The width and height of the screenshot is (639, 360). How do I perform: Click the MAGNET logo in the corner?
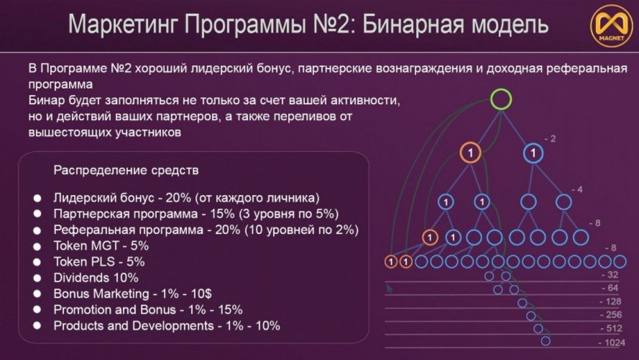pos(611,26)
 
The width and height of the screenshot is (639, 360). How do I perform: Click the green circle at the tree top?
pos(501,99)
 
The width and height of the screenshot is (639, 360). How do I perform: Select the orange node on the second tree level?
pos(470,152)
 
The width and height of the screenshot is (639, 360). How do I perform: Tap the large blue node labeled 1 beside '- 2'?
pos(533,154)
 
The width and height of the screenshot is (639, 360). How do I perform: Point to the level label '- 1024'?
pos(612,343)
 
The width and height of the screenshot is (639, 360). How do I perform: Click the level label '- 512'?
pos(612,329)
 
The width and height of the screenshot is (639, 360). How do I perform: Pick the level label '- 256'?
pos(612,315)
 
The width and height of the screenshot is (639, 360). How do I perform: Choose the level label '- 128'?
pos(612,302)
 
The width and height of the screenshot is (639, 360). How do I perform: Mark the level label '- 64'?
pos(610,288)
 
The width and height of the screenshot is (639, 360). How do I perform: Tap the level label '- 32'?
pos(610,275)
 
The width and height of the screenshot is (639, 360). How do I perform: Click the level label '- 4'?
pos(577,190)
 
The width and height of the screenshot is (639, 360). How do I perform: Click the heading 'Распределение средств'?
pos(126,170)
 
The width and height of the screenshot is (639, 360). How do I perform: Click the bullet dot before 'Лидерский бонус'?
pos(37,198)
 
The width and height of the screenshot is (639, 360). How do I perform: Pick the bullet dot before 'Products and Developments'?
pos(37,326)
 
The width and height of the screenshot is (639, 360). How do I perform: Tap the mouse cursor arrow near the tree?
pos(389,288)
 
